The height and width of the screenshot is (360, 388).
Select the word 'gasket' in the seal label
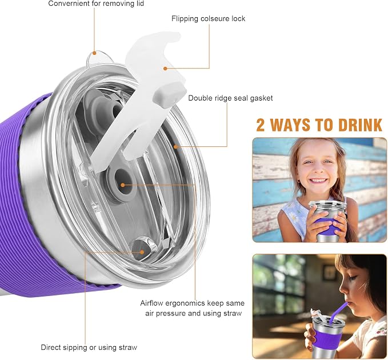coord(261,98)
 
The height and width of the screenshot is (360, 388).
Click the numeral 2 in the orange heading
coord(261,125)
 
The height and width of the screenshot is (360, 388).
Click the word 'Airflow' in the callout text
coord(151,303)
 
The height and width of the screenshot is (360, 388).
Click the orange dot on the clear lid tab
coord(94,53)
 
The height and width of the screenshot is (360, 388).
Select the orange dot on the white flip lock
coord(165,69)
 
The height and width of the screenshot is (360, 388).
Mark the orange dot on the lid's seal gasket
coord(175,147)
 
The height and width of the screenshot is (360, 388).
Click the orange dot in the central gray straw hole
coord(122,185)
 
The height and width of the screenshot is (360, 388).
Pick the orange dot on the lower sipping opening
coord(142,252)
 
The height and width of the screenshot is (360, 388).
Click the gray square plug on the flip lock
coord(170,95)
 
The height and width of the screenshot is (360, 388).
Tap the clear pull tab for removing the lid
coord(98,58)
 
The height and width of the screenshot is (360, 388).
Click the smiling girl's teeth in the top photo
coord(318,180)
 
